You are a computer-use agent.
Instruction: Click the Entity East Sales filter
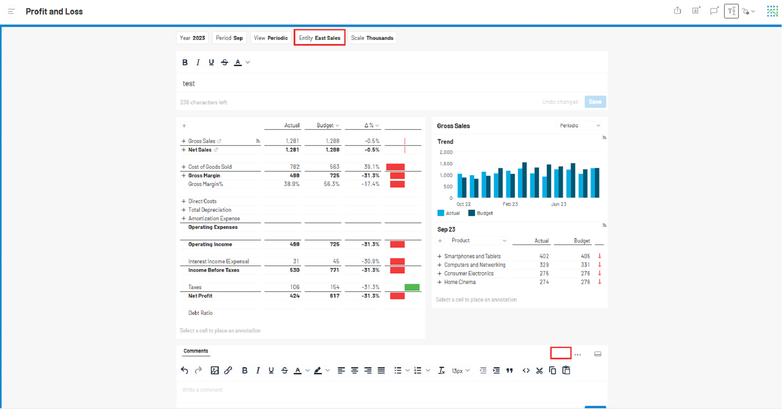tap(320, 38)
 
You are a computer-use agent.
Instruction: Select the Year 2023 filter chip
tap(192, 38)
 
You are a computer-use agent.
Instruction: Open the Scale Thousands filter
tap(372, 38)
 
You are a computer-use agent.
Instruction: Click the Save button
tap(595, 102)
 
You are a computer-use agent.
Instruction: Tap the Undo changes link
tap(560, 102)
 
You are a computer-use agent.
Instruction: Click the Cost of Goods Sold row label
tap(210, 167)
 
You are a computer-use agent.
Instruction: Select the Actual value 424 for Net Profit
tap(295, 296)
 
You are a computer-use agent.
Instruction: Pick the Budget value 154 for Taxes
tap(335, 287)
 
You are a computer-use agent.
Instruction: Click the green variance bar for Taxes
tap(412, 287)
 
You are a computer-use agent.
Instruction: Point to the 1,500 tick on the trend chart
tap(446, 164)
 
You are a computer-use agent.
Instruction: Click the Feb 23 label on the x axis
tap(510, 204)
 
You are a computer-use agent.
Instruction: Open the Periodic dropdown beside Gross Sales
tap(580, 125)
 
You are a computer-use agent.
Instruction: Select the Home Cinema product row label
tap(460, 282)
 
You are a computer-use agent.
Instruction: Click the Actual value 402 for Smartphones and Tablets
tap(544, 256)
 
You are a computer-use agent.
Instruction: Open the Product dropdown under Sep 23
tap(479, 241)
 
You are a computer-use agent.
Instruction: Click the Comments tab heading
tap(196, 351)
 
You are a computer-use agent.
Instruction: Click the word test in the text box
tap(189, 84)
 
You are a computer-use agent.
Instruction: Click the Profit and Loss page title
tap(54, 12)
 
